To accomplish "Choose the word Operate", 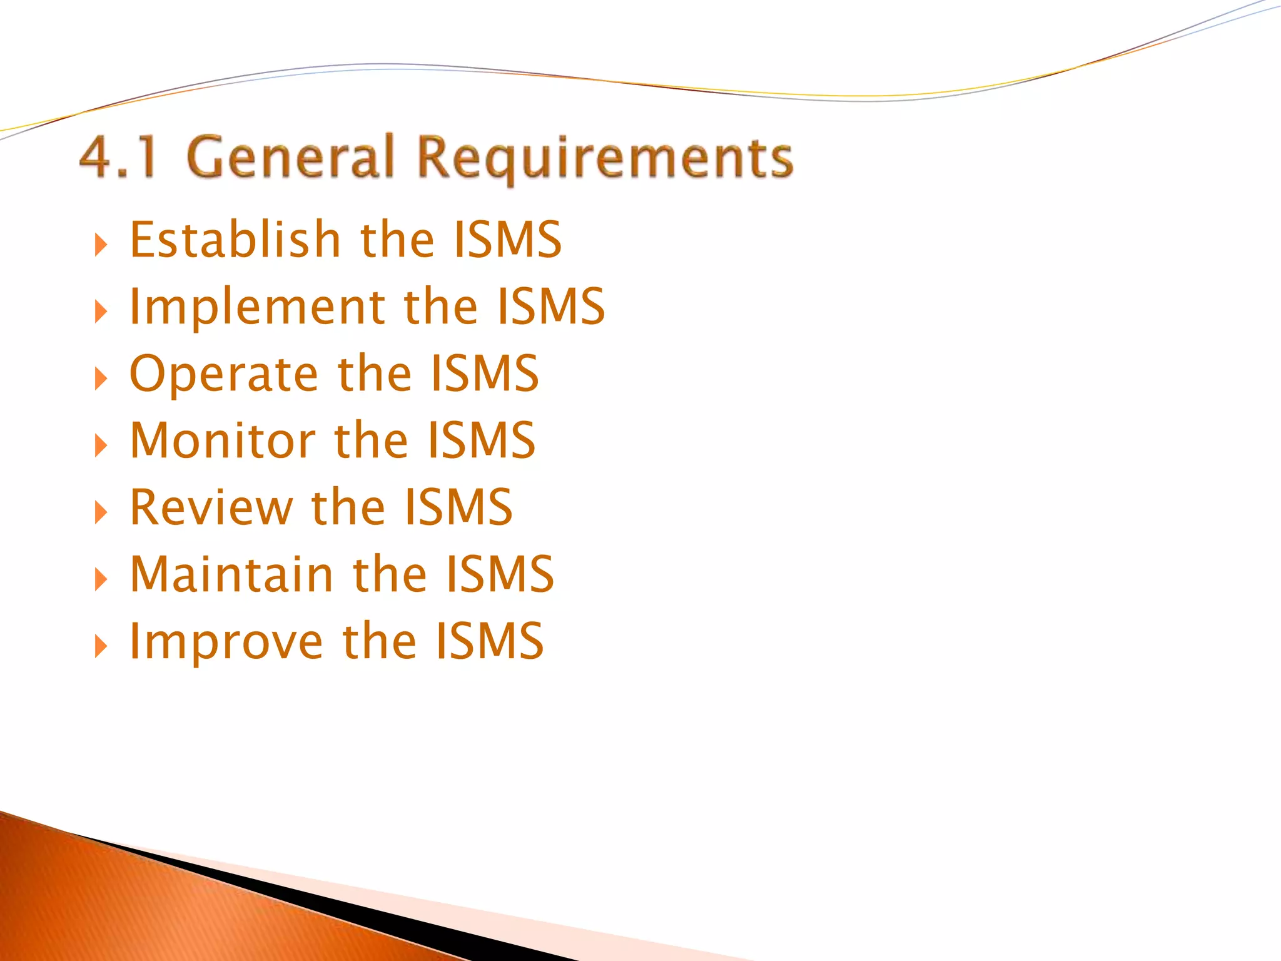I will tap(223, 374).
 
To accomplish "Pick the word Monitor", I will tap(222, 440).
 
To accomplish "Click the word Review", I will tap(211, 507).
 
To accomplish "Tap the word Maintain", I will tap(231, 574).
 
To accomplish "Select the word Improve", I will tap(226, 641).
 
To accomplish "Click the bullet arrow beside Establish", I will tap(100, 245).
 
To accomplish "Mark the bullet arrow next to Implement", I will tap(100, 312).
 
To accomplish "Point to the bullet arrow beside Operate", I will tap(100, 379).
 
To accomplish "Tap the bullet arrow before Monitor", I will tap(100, 445).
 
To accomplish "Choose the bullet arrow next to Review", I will tap(100, 512).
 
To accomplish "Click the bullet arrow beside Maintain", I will tap(100, 579).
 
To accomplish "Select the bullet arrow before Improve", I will tap(100, 646).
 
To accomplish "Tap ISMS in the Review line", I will tap(458, 507).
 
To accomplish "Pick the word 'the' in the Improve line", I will tap(380, 641).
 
